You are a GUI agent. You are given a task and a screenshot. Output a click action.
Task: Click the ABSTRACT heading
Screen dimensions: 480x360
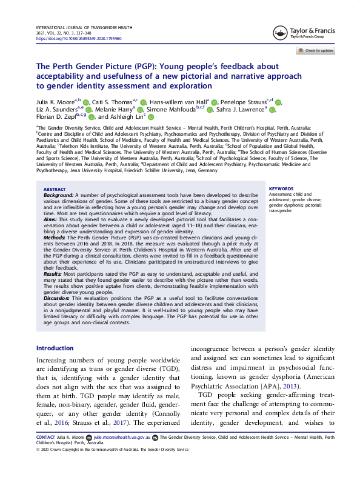55,188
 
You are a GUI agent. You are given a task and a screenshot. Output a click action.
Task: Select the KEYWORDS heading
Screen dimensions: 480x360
281,188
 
